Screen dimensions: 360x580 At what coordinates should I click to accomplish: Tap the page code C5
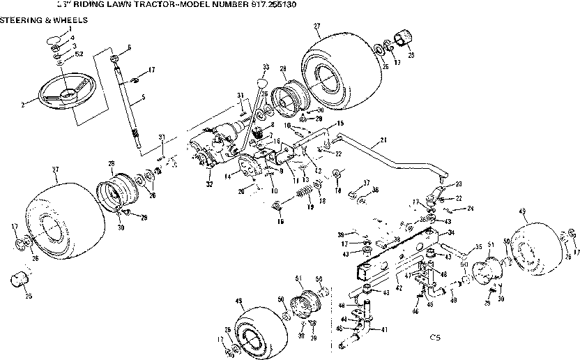[435, 338]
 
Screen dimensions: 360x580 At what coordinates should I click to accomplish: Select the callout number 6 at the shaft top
[130, 47]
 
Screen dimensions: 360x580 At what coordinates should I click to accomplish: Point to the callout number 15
[340, 123]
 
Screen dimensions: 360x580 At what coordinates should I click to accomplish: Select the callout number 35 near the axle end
[478, 246]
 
